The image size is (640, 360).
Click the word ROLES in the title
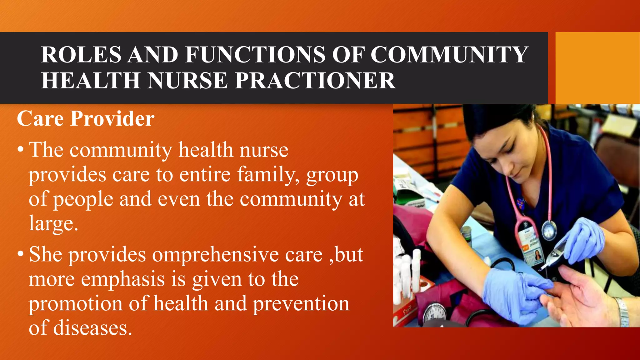tap(81, 55)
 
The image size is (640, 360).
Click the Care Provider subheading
tap(86, 119)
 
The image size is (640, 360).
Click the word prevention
tap(301, 304)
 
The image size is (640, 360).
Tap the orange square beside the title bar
tap(597, 68)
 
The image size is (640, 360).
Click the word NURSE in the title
tap(188, 81)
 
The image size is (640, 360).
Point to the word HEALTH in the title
tap(91, 81)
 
